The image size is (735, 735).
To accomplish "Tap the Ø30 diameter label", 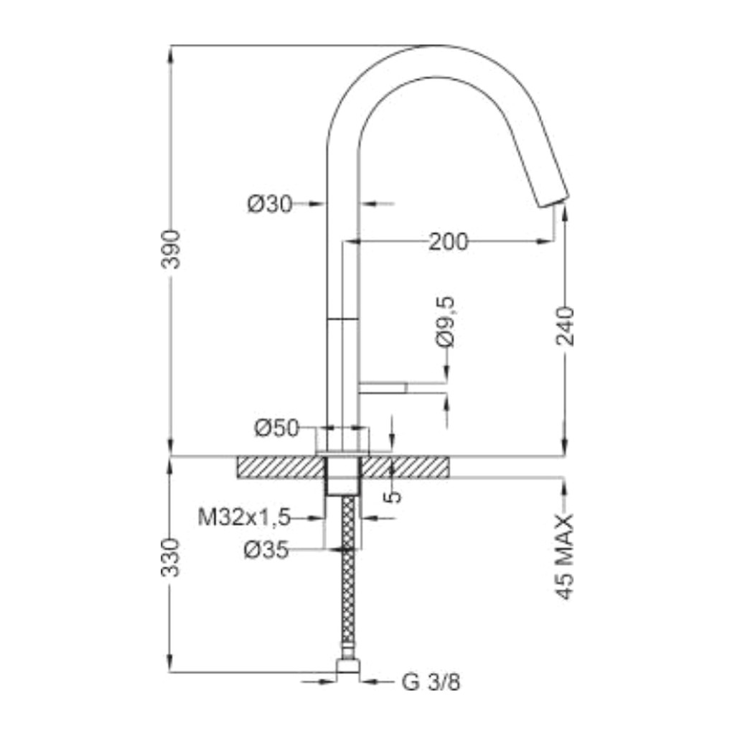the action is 270,204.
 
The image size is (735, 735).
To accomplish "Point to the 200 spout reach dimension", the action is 449,242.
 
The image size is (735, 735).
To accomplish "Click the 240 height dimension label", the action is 566,327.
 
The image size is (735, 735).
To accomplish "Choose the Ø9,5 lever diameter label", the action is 445,322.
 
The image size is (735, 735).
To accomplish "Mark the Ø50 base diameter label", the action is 276,428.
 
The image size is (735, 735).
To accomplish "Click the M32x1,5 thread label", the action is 244,518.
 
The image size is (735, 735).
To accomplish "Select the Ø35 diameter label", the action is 266,549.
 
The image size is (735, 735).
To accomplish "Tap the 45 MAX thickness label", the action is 566,556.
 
